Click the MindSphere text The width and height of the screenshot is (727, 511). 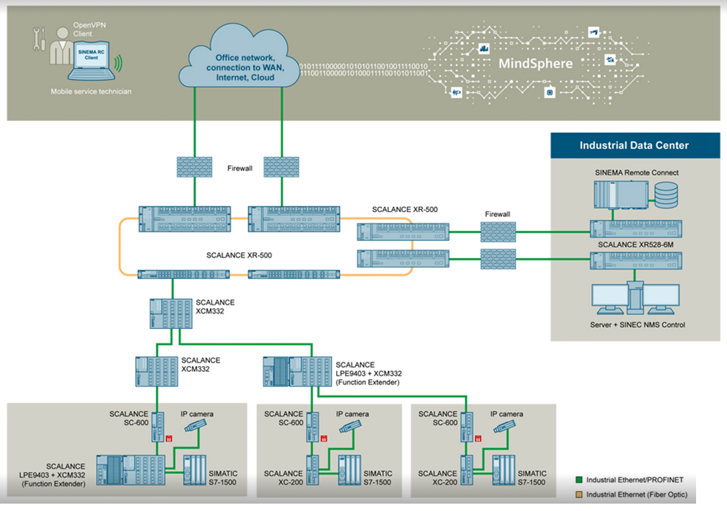pos(535,64)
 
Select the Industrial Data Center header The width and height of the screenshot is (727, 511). pos(634,145)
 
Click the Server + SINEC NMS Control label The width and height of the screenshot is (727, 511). pos(634,325)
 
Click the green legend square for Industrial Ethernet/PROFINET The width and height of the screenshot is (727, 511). pos(579,480)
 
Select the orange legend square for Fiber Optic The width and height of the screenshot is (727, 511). pos(579,495)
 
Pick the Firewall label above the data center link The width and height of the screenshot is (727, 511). pos(497,214)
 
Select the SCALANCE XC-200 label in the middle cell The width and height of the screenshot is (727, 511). pos(283,477)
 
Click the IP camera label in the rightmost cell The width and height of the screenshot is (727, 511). pos(506,414)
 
